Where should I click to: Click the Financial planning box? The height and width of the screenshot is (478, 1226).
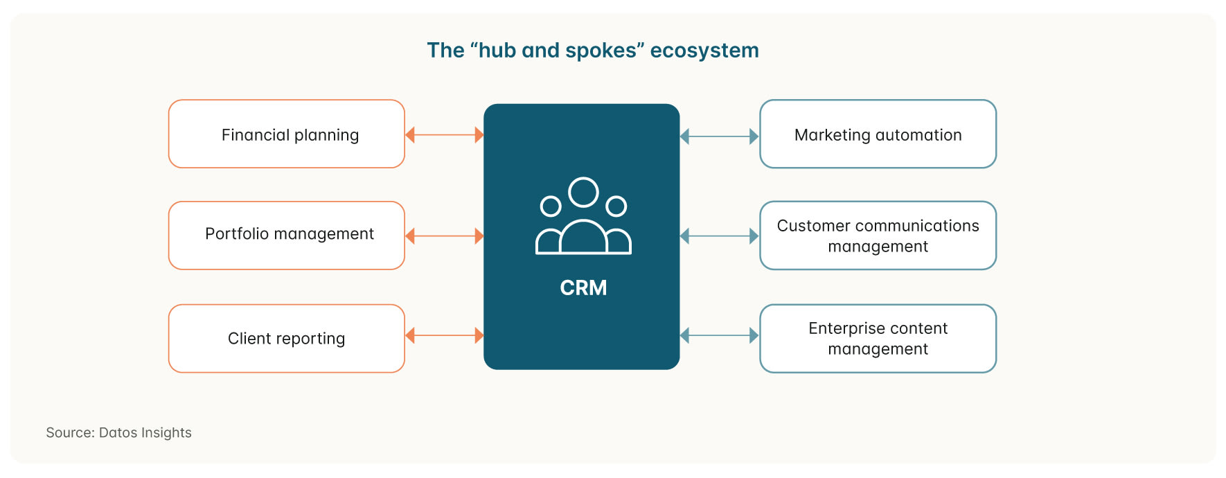pyautogui.click(x=287, y=134)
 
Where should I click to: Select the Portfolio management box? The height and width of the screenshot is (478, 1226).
pyautogui.click(x=287, y=236)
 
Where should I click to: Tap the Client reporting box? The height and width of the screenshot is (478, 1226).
pyautogui.click(x=287, y=339)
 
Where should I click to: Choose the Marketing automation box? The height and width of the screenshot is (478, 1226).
pyautogui.click(x=878, y=134)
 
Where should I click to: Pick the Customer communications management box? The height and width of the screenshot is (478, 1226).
pyautogui.click(x=878, y=236)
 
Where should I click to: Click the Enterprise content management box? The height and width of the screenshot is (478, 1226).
pyautogui.click(x=878, y=339)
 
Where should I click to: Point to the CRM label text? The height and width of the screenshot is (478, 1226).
pyautogui.click(x=583, y=287)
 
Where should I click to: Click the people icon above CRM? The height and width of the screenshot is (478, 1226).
pyautogui.click(x=583, y=216)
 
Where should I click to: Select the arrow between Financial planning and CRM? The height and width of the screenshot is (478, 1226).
pyautogui.click(x=444, y=135)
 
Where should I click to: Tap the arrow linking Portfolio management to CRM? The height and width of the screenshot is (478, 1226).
pyautogui.click(x=444, y=236)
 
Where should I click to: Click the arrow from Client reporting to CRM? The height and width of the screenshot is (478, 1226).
pyautogui.click(x=444, y=336)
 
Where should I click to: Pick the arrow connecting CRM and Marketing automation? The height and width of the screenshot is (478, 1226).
pyautogui.click(x=720, y=136)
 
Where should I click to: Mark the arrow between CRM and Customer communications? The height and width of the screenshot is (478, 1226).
pyautogui.click(x=720, y=236)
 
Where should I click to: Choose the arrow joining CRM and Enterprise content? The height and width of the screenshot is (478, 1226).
pyautogui.click(x=720, y=336)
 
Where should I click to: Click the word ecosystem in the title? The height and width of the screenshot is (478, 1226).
pyautogui.click(x=704, y=51)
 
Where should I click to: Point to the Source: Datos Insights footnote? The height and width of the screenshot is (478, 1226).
pyautogui.click(x=118, y=433)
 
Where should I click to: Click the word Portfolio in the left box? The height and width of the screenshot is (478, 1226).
pyautogui.click(x=236, y=234)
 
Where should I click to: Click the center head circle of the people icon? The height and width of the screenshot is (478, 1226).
pyautogui.click(x=583, y=193)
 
